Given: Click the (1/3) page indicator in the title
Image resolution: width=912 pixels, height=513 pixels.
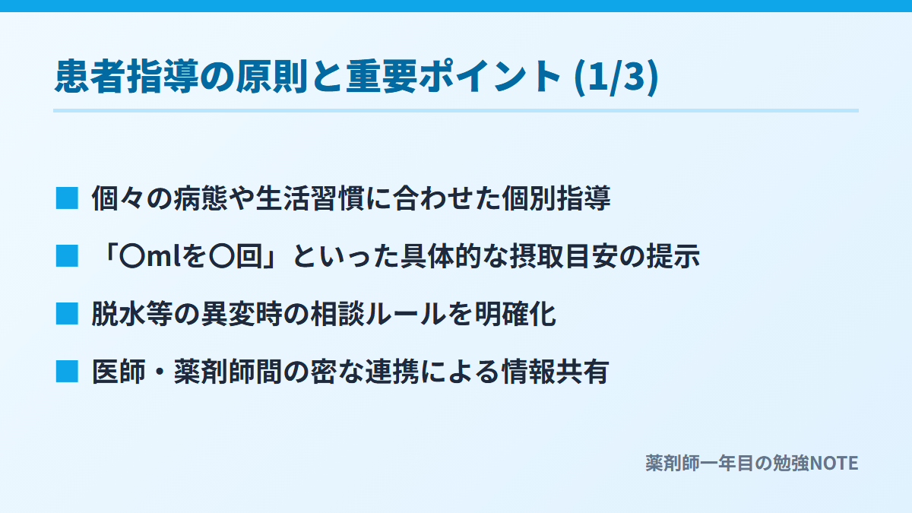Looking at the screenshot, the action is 616,77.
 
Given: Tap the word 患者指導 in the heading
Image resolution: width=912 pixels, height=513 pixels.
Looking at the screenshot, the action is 127,77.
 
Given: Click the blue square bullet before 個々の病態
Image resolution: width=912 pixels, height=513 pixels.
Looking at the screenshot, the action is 67,198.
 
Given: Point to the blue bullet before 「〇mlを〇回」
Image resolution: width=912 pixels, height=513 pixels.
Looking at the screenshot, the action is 67,256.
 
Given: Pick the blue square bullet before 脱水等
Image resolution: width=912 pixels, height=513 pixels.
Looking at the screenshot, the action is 67,314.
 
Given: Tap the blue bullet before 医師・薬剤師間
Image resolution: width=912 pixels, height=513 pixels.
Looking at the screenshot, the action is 67,372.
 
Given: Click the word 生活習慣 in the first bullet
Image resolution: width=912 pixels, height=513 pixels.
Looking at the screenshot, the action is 310,198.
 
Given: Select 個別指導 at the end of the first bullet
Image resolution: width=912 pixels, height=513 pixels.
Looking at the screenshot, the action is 556,198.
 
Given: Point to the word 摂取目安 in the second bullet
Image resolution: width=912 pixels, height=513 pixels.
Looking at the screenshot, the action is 564,256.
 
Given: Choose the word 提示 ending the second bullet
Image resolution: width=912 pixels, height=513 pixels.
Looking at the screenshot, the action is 673,256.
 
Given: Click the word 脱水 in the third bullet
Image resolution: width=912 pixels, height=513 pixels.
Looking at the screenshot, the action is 119,314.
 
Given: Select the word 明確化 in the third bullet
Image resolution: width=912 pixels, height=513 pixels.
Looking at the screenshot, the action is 515,314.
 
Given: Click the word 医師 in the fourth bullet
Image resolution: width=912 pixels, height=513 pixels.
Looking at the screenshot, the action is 119,372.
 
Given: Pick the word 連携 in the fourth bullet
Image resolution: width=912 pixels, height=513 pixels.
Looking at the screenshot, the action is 391,372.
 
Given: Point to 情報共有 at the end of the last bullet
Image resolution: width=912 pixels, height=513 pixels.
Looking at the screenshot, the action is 556,372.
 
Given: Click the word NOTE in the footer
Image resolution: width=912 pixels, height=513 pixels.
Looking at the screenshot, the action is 834,464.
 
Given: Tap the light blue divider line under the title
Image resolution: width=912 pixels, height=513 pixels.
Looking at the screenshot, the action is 456,110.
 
